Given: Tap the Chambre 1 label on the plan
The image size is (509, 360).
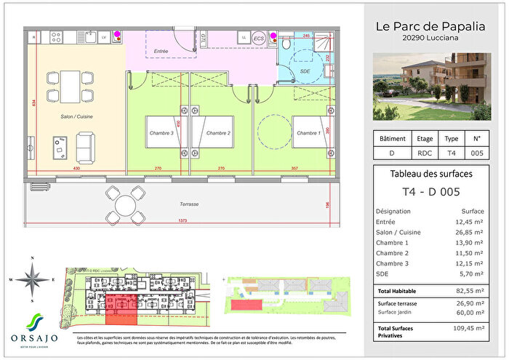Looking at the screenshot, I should coord(308,133).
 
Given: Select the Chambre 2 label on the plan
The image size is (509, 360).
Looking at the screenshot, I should coord(217,133).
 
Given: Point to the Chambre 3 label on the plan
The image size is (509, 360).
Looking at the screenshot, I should coord(161,133).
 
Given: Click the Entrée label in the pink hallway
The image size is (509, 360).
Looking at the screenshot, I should coord(161,51).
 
